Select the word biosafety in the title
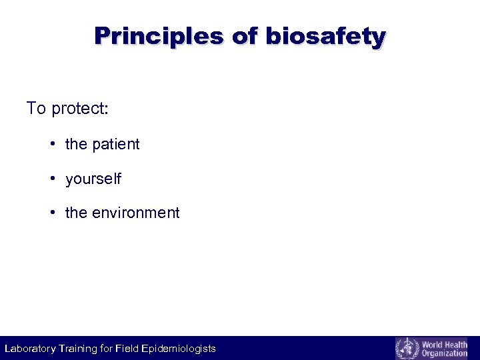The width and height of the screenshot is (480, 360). click(325, 36)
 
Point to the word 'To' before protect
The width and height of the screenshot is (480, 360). click(36, 108)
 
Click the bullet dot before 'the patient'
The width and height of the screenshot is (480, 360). click(52, 145)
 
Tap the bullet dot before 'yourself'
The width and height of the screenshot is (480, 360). click(52, 179)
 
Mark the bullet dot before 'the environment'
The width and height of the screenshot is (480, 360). click(52, 213)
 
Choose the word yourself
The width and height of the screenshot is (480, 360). click(93, 179)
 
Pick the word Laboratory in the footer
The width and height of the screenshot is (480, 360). click(31, 349)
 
